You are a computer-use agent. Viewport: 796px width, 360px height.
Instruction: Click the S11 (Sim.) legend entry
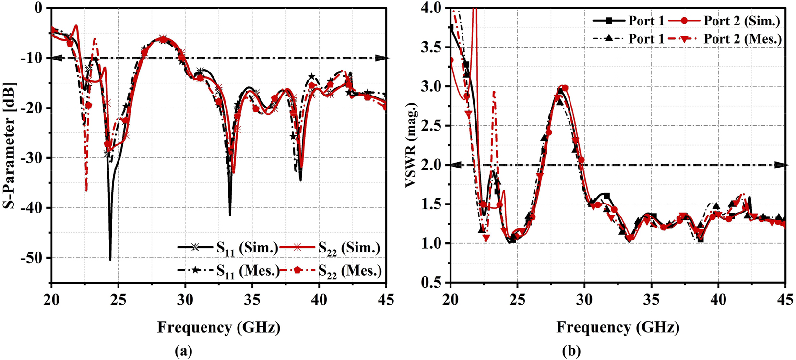(228, 248)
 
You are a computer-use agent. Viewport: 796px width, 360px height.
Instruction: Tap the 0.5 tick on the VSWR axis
(435, 283)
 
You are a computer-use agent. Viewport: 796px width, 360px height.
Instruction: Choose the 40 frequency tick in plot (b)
(718, 300)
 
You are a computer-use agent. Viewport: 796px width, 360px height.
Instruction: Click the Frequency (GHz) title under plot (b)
(618, 328)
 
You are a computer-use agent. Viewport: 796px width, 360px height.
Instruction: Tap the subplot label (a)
(184, 351)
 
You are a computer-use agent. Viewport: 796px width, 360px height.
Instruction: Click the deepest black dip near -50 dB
(110, 260)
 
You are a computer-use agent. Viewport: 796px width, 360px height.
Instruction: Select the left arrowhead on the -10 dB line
(56, 58)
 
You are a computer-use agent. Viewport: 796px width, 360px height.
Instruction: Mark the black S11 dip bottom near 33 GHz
(230, 215)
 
